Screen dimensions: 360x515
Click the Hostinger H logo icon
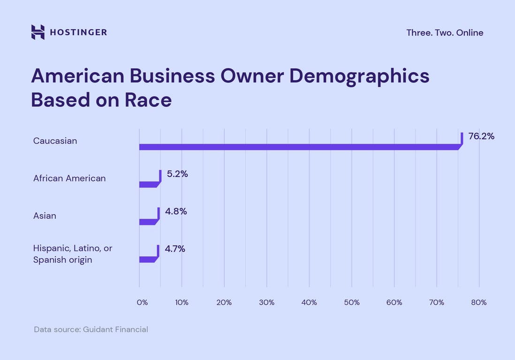(x=38, y=32)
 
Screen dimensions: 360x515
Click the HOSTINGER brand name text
(x=78, y=32)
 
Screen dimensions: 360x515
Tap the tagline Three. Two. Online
(x=445, y=32)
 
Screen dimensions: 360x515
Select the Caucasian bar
(x=298, y=147)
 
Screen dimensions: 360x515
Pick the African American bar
(x=149, y=184)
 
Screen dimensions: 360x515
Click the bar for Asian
(x=148, y=222)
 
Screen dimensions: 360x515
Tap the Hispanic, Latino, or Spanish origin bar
(x=148, y=259)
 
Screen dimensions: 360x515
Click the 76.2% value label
(x=481, y=136)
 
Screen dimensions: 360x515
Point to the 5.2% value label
(x=177, y=174)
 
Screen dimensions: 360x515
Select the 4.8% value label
(x=176, y=211)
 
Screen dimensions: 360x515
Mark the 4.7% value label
(x=175, y=249)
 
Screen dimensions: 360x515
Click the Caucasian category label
(x=55, y=141)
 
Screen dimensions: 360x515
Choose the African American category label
(x=69, y=178)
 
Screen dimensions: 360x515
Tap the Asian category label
(x=45, y=216)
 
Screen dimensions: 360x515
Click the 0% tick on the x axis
(x=142, y=302)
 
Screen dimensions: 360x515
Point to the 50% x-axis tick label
(x=352, y=302)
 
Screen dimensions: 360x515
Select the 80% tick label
(x=479, y=302)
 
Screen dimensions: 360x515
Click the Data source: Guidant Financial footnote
(x=91, y=330)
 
